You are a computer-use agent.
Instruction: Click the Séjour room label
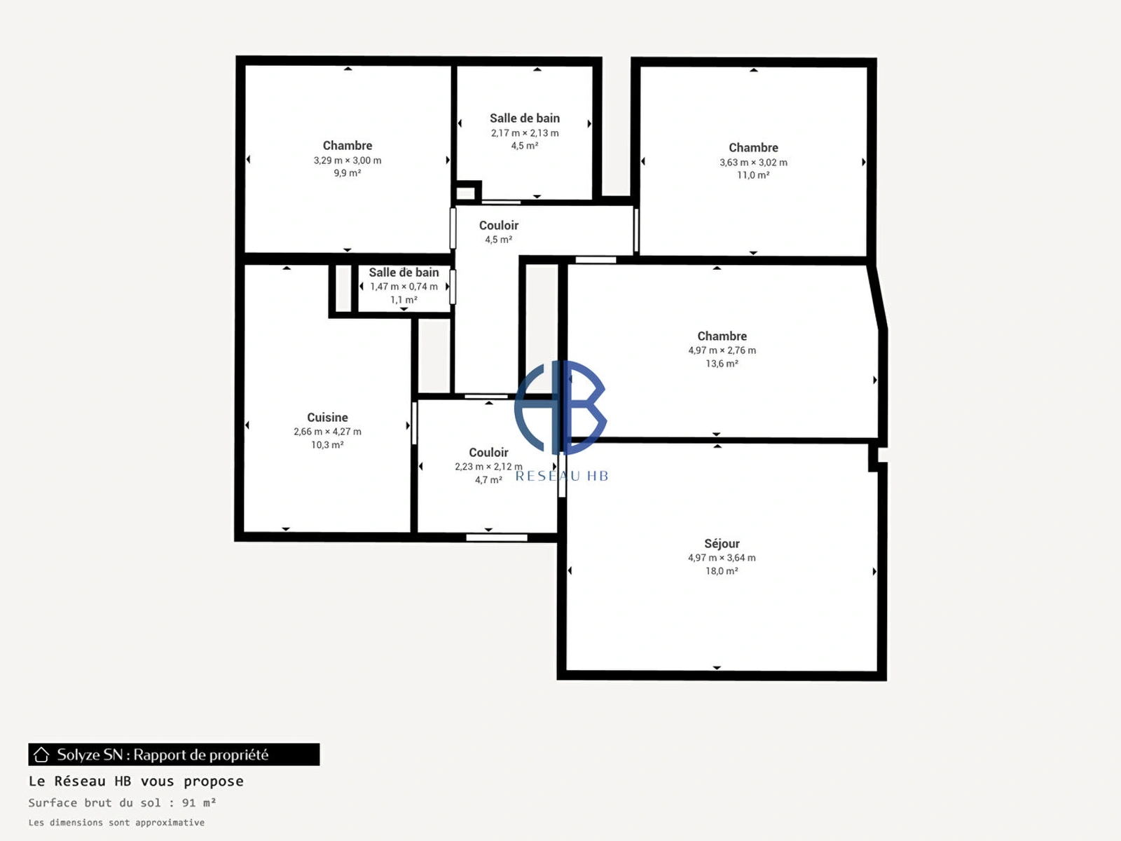coord(722,544)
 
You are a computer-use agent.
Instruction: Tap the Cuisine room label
coord(327,417)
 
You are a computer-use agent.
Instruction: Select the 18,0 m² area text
coord(722,571)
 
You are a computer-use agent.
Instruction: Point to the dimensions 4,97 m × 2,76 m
coord(722,350)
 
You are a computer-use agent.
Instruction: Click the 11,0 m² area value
coord(753,175)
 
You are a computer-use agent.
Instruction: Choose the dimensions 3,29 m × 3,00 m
coord(348,160)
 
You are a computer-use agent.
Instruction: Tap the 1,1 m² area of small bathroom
coord(404,300)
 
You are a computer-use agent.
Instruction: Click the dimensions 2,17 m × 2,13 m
coord(525,132)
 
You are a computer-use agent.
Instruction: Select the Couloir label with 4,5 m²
coord(498,225)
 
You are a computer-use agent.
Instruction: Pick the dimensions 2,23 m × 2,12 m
coord(488,467)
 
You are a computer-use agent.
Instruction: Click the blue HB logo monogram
coord(560,407)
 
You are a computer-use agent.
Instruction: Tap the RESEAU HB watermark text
coord(562,477)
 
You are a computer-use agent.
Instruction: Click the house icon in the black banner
coord(41,754)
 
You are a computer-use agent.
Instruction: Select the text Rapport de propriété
coord(200,755)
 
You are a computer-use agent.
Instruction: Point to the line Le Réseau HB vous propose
coord(136,781)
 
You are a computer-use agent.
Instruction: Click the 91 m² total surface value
coord(199,802)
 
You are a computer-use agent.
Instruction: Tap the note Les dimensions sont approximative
coord(116,823)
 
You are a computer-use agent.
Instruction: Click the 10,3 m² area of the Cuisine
coord(327,445)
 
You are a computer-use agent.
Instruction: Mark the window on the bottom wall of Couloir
coord(497,538)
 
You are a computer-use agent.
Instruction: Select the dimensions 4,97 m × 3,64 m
coord(722,558)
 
